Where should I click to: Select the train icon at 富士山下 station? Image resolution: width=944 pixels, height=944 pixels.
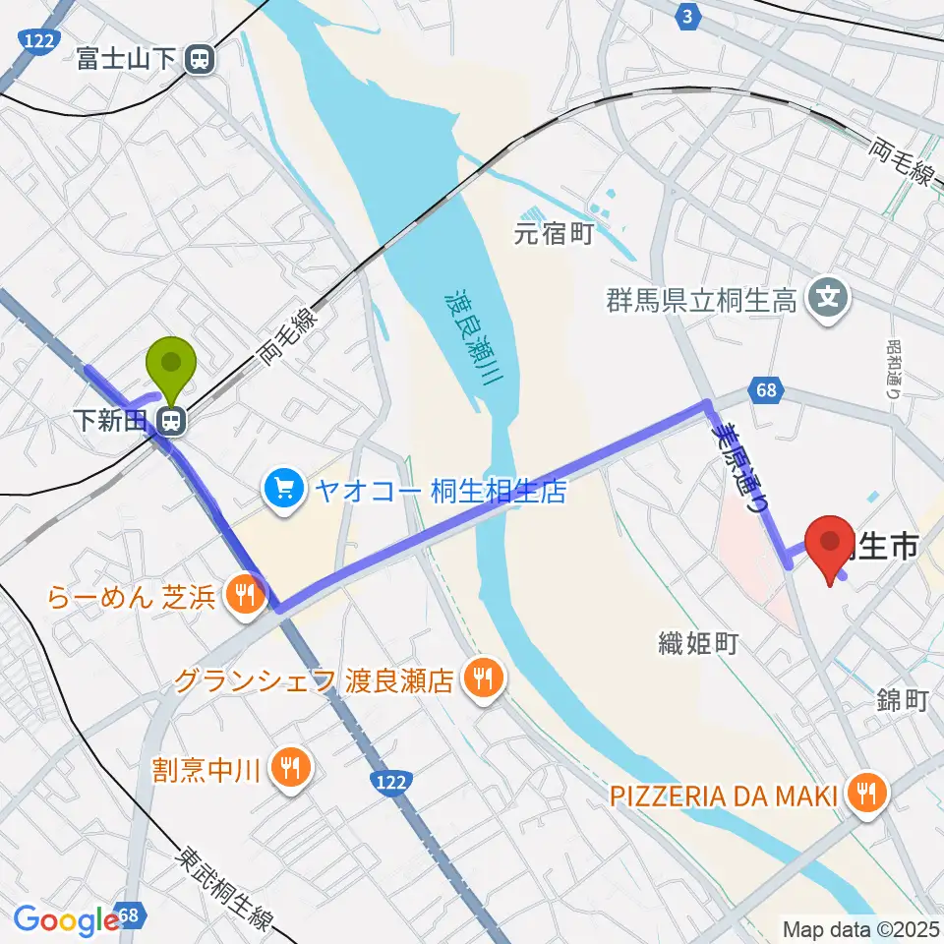point(202,60)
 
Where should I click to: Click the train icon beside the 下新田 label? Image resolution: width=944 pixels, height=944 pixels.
point(171,422)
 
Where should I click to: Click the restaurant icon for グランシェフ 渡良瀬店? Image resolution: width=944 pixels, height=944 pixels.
point(482,678)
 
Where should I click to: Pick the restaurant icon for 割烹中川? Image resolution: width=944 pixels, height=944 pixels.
point(289,764)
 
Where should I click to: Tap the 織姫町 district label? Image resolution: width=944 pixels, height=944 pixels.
point(698,645)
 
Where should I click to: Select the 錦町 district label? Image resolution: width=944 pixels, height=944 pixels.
point(902,701)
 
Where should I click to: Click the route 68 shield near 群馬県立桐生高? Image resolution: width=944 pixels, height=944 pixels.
point(768,391)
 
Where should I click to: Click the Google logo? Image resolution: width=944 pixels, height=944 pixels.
point(64,919)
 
